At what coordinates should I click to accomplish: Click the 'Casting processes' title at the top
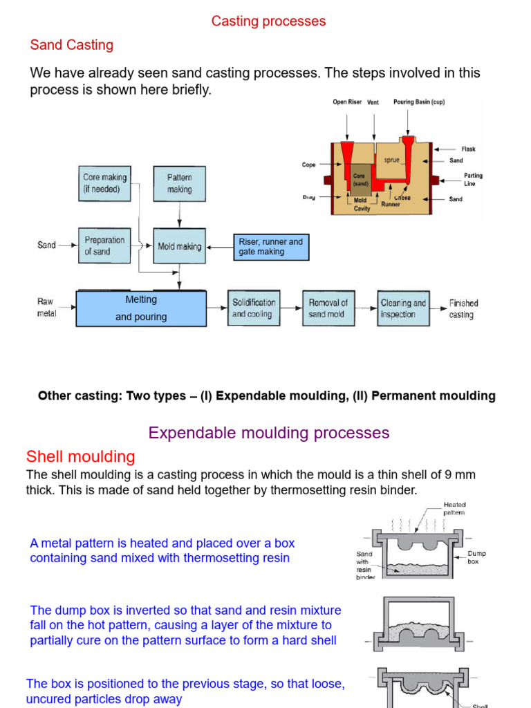point(268,21)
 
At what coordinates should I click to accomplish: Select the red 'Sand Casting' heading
point(71,46)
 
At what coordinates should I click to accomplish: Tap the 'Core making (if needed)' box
point(104,183)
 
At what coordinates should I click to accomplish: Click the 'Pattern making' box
point(179,183)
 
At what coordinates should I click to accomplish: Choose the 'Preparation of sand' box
point(104,245)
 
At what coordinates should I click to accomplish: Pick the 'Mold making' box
point(179,246)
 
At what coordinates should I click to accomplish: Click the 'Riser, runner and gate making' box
point(271,247)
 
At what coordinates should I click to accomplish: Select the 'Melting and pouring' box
point(141,308)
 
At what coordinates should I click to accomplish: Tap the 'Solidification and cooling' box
point(254,308)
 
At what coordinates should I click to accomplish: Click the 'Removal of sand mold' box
point(328,308)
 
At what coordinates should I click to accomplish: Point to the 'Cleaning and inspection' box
point(404,308)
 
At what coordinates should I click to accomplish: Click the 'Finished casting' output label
point(463,309)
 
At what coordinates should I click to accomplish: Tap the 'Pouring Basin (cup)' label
point(419,102)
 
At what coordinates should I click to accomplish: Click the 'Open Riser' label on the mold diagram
point(347,102)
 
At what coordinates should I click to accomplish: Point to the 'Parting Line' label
point(474,179)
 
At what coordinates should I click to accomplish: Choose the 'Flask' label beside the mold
point(468,149)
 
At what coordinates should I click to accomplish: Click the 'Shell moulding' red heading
point(80,457)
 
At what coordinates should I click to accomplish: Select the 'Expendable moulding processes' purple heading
point(269,434)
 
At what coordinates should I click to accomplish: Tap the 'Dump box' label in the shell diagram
point(477,557)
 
